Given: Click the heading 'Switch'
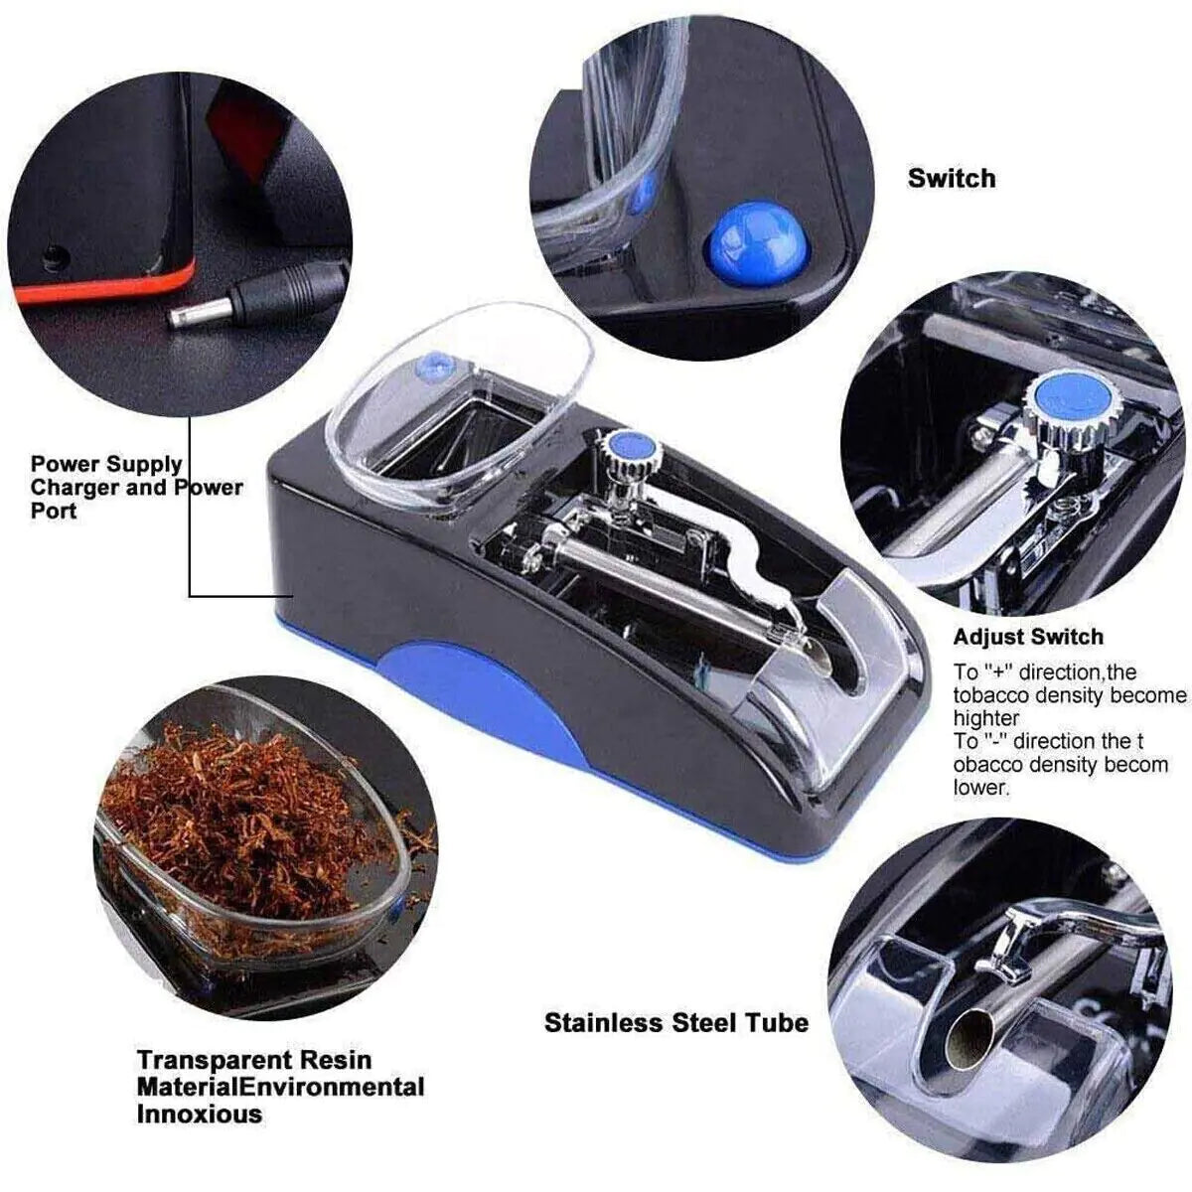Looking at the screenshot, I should point(951,179).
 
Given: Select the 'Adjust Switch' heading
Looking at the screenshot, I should point(1028,637).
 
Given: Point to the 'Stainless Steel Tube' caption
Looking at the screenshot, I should point(675,1022).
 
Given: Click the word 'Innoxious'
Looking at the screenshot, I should point(200,1114).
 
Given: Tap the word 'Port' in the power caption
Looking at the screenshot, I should point(54,512).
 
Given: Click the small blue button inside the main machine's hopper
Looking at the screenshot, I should point(430,367).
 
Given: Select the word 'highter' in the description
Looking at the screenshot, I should point(986,718).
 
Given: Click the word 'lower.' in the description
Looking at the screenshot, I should point(981,788).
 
